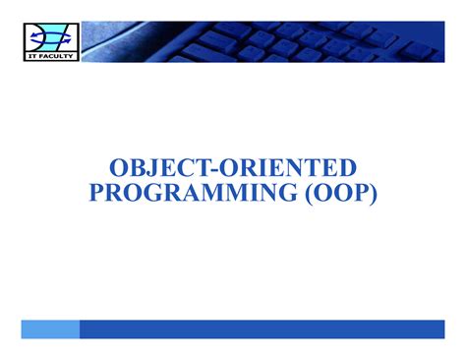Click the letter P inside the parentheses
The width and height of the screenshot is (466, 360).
pyautogui.click(x=360, y=192)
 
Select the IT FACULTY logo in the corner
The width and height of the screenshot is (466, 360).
pyautogui.click(x=48, y=42)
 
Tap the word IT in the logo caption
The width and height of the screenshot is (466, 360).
pyautogui.click(x=32, y=58)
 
